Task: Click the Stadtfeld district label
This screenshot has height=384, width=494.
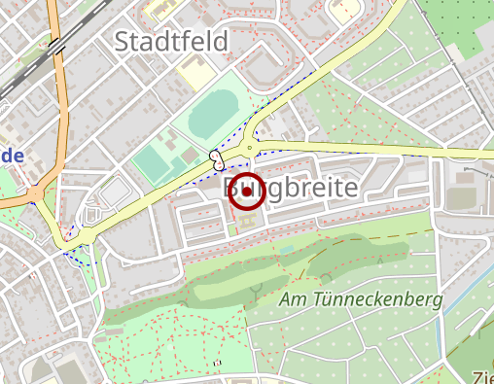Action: tap(171, 42)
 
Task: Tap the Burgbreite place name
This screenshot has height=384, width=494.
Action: tap(291, 188)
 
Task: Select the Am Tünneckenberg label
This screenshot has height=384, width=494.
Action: tap(361, 300)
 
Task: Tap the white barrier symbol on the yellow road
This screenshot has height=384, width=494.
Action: tap(215, 157)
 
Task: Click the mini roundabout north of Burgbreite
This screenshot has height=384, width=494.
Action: tap(255, 139)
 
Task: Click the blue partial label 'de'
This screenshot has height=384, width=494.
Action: tap(11, 156)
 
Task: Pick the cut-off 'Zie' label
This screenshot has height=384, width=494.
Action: tap(483, 377)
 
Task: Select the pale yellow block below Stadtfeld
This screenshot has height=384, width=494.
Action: tap(193, 73)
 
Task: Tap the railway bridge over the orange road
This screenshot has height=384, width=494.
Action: tap(56, 45)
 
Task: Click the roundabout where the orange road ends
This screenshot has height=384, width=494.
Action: tap(38, 193)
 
